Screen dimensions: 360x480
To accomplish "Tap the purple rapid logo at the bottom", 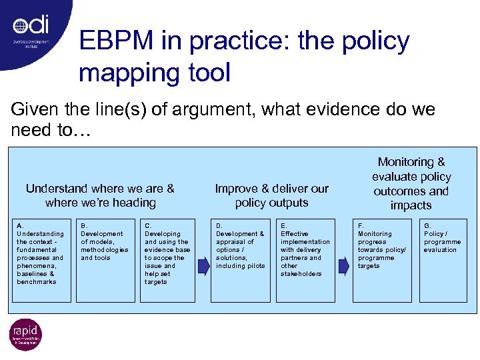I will [25, 335].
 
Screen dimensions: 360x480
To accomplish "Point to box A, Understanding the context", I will [41, 260].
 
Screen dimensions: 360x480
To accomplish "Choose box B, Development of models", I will [105, 260].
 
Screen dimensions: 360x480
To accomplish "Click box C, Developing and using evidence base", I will [169, 260].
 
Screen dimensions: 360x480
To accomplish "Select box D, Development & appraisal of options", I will [240, 260].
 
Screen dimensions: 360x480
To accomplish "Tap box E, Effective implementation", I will [305, 260].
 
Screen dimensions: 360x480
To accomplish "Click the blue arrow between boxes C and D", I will [203, 266].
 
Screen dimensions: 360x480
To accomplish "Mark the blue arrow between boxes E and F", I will [343, 266].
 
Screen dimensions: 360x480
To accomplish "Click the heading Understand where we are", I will [100, 195].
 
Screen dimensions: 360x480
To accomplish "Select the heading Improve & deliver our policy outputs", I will [271, 195].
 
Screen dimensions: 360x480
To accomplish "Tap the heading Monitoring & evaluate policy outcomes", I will [411, 183].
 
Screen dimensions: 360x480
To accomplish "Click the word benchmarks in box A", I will [37, 282].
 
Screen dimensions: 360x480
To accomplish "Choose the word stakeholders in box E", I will [301, 274].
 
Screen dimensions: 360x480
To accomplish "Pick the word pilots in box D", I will [256, 266].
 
